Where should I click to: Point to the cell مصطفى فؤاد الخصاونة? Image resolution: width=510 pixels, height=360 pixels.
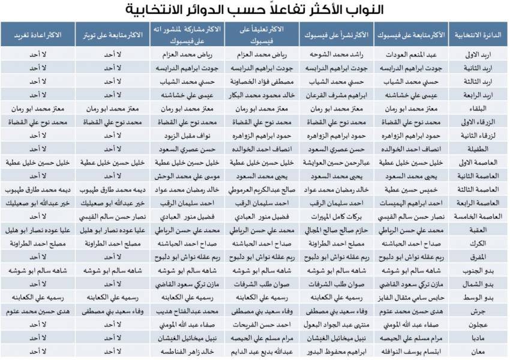(x=263, y=82)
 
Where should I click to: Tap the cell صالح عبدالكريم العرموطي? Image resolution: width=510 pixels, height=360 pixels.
(x=263, y=189)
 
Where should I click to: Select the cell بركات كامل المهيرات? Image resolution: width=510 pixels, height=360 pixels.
(x=339, y=216)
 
